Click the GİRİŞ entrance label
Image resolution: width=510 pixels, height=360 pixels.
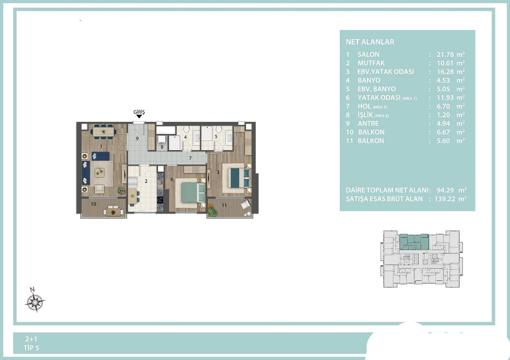pyautogui.click(x=139, y=112)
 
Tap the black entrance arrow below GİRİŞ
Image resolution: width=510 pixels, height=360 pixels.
pyautogui.click(x=139, y=116)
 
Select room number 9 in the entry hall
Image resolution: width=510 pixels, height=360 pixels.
pyautogui.click(x=137, y=138)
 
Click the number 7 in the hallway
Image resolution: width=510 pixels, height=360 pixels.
pyautogui.click(x=190, y=158)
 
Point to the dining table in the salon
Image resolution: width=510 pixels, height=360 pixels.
pyautogui.click(x=104, y=132)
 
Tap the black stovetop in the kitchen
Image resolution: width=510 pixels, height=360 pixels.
pyautogui.click(x=160, y=200)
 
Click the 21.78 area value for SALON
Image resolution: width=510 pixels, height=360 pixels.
pyautogui.click(x=445, y=54)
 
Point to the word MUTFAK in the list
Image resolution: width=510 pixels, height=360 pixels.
pyautogui.click(x=371, y=63)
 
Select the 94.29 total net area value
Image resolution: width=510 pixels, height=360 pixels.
pyautogui.click(x=445, y=190)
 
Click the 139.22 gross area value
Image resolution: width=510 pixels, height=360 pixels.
pyautogui.click(x=445, y=199)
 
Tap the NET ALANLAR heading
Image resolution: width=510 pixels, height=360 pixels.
pyautogui.click(x=370, y=42)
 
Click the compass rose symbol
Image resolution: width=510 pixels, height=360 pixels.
pyautogui.click(x=35, y=302)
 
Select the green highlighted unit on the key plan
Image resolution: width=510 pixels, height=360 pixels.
pyautogui.click(x=414, y=242)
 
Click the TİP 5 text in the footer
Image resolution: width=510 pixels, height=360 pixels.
pyautogui.click(x=31, y=348)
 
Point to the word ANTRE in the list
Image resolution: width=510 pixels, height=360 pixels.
pyautogui.click(x=368, y=124)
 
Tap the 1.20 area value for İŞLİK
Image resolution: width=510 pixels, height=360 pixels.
pyautogui.click(x=443, y=115)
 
